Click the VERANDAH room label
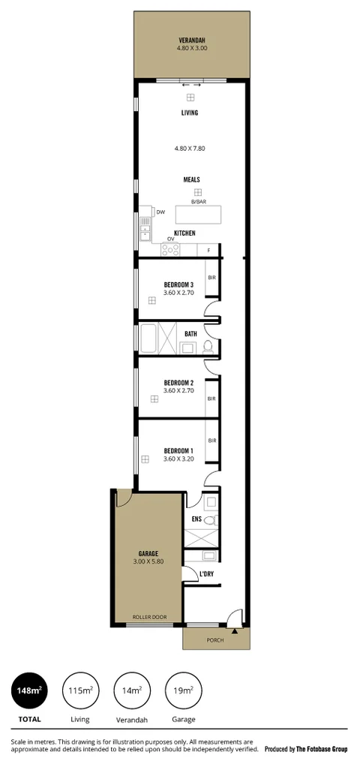pyautogui.click(x=192, y=40)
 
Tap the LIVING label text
pyautogui.click(x=190, y=113)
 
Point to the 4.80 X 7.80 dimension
pyautogui.click(x=190, y=149)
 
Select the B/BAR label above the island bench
pyautogui.click(x=198, y=202)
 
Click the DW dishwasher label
pyautogui.click(x=160, y=212)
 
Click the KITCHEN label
pyautogui.click(x=184, y=233)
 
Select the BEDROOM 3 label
pyautogui.click(x=178, y=284)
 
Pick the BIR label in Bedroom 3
pyautogui.click(x=211, y=278)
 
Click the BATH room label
pyautogui.click(x=190, y=334)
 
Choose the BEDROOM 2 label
pyautogui.click(x=178, y=382)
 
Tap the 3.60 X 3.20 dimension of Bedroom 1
pyautogui.click(x=178, y=459)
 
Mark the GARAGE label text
pyautogui.click(x=148, y=553)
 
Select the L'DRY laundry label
pyautogui.click(x=206, y=575)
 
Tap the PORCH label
pyautogui.click(x=217, y=639)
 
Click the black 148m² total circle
pyautogui.click(x=29, y=691)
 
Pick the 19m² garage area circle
pyautogui.click(x=184, y=691)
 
